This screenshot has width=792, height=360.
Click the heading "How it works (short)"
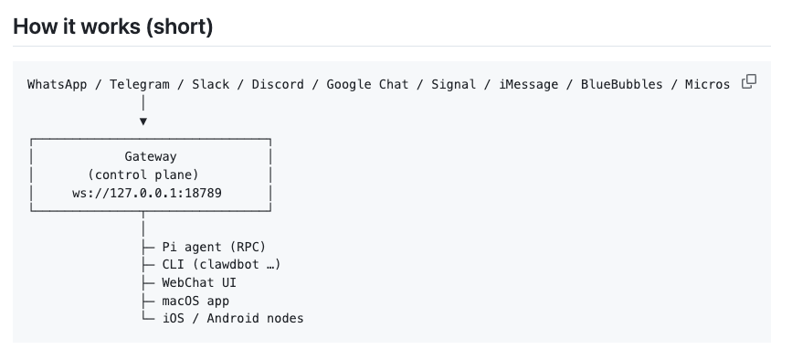tap(113, 26)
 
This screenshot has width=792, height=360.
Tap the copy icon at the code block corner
tap(749, 81)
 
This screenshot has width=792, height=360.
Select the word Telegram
tap(140, 84)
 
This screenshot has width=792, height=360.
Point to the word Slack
tap(211, 84)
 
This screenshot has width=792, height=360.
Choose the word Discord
tap(279, 84)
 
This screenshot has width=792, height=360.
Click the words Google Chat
tap(368, 84)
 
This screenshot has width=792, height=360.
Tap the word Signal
tap(453, 84)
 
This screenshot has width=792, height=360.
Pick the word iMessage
tap(528, 84)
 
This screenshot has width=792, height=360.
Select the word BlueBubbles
tap(621, 84)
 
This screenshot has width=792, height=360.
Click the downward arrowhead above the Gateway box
tap(143, 121)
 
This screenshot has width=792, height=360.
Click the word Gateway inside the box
tap(151, 157)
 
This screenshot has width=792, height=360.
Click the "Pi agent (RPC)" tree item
tap(214, 247)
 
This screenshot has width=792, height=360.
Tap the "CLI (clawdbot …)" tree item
tap(221, 264)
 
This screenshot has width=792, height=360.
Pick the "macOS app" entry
tap(195, 300)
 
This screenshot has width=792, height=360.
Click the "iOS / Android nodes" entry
tap(233, 318)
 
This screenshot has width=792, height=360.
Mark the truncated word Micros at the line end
tap(707, 84)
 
